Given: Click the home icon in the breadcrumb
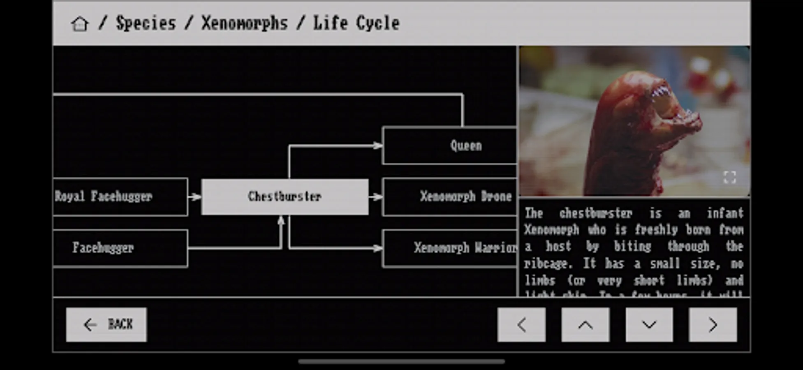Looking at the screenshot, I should tap(79, 24).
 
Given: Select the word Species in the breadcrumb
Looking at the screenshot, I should tap(146, 23).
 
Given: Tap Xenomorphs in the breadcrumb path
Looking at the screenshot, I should tap(244, 23).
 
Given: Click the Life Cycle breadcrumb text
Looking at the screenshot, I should tap(356, 23).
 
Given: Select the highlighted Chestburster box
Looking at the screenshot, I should tap(285, 197).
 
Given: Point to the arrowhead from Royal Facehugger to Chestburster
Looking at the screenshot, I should tap(196, 197).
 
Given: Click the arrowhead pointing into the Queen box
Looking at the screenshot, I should tap(377, 146).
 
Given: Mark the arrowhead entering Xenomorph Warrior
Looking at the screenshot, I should tap(377, 248).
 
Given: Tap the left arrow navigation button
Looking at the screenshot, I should tap(521, 325).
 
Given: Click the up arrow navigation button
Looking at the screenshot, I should tap(585, 325).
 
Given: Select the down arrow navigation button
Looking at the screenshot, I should tap(649, 325).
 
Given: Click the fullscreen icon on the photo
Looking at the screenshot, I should tap(729, 178).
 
